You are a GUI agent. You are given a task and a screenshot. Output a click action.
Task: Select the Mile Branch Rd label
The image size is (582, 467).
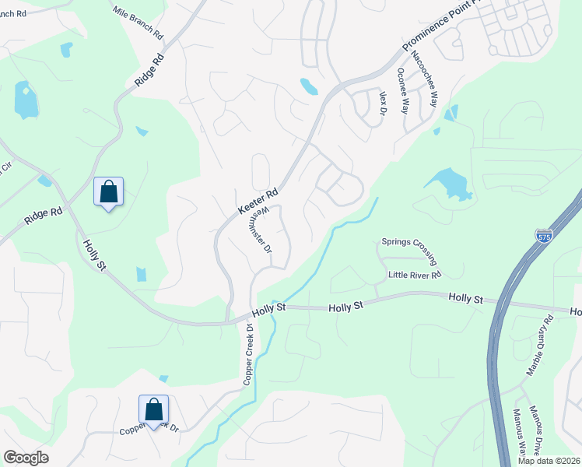tap(137, 23)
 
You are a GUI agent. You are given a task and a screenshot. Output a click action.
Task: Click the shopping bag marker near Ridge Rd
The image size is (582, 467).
tap(108, 191)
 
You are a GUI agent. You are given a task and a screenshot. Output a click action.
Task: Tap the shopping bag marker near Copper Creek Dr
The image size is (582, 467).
tap(153, 409)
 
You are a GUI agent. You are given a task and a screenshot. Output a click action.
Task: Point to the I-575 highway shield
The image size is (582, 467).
tap(543, 234)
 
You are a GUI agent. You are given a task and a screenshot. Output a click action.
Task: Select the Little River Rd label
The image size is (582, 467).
tap(415, 275)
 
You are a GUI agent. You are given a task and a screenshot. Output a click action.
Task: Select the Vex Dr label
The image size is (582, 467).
tap(383, 103)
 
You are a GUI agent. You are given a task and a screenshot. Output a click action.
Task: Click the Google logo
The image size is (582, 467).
tap(26, 458)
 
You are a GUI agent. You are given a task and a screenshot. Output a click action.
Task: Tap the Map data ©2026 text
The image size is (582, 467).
tap(548, 461)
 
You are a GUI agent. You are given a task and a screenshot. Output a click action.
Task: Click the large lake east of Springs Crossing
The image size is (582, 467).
tap(448, 183)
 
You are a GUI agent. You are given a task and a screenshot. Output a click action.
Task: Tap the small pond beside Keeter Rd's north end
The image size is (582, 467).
tap(309, 86)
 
